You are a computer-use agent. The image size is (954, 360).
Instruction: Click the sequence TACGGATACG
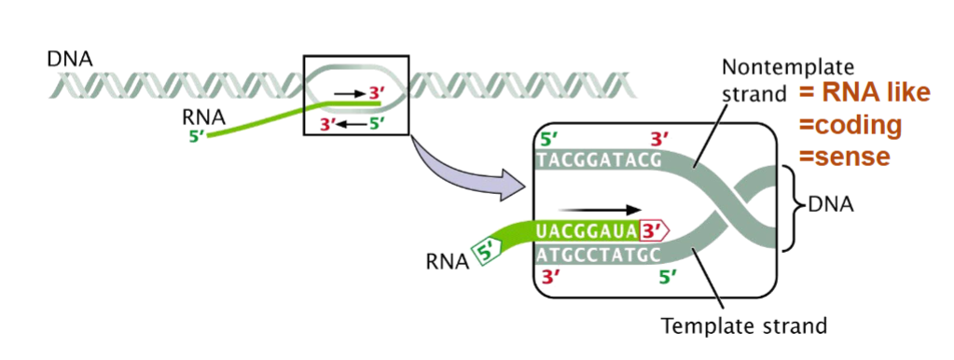[x=598, y=160]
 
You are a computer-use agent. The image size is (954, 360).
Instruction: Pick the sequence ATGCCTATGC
[x=598, y=252]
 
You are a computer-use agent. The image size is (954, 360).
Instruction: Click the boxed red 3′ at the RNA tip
[x=657, y=229]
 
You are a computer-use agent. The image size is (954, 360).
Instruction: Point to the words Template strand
[x=743, y=327]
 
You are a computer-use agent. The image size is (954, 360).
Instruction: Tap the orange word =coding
[x=850, y=125]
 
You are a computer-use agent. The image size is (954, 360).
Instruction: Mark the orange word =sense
[x=845, y=156]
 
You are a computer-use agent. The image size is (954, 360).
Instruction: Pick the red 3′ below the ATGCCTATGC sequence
[x=551, y=276]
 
